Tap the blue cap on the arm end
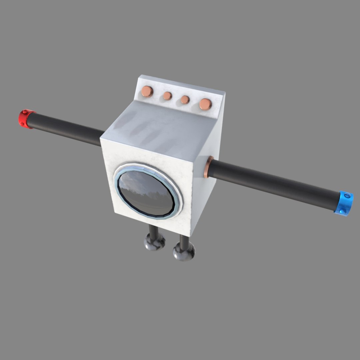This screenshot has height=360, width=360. [344, 203]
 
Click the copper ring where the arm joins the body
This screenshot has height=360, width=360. [208, 167]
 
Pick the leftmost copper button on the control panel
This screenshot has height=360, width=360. [147, 91]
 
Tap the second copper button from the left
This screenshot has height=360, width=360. [167, 96]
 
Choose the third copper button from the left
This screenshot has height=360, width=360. [185, 100]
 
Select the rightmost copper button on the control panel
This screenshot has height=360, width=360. [205, 104]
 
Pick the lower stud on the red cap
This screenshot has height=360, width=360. [23, 124]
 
